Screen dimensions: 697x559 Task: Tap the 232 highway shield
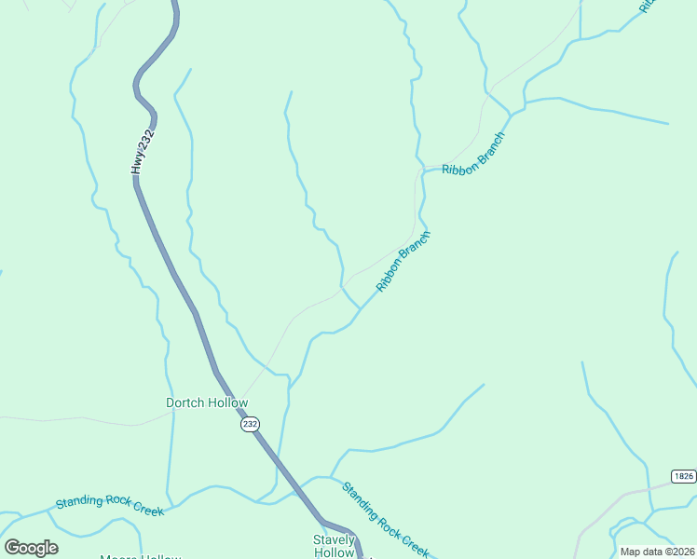pos(250,424)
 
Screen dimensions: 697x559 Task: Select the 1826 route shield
pos(683,476)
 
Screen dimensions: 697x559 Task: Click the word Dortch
pos(184,403)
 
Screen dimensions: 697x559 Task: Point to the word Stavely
pos(334,539)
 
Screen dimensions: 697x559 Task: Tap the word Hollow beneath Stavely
pos(334,552)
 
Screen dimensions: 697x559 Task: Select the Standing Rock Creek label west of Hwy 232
pos(109,506)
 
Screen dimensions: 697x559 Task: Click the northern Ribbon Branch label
pos(474,155)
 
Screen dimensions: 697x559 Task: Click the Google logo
pos(31,548)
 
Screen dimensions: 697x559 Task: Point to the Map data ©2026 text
pos(657,552)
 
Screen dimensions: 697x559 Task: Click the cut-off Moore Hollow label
pos(140,556)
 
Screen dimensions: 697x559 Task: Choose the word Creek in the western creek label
pos(147,510)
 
